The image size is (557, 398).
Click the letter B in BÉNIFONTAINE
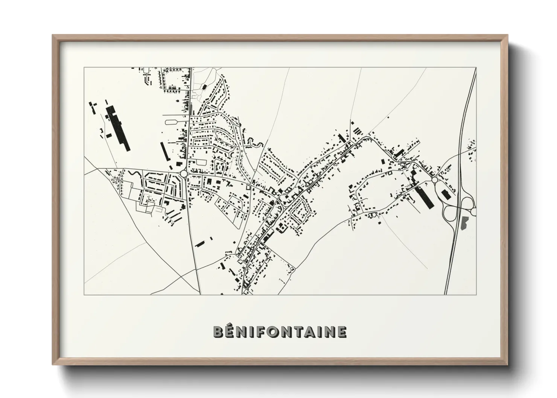pyautogui.click(x=219, y=331)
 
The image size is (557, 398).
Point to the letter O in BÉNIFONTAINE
pyautogui.click(x=271, y=331)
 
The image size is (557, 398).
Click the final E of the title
pyautogui.click(x=341, y=331)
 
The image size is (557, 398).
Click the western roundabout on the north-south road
pyautogui.click(x=184, y=173)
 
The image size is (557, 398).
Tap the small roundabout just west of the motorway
pyautogui.click(x=435, y=180)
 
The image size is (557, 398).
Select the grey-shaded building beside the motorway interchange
pyautogui.click(x=464, y=223)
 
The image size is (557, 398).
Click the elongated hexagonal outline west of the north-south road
pyautogui.click(x=172, y=122)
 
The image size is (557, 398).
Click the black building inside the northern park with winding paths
pyautogui.click(x=204, y=87)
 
